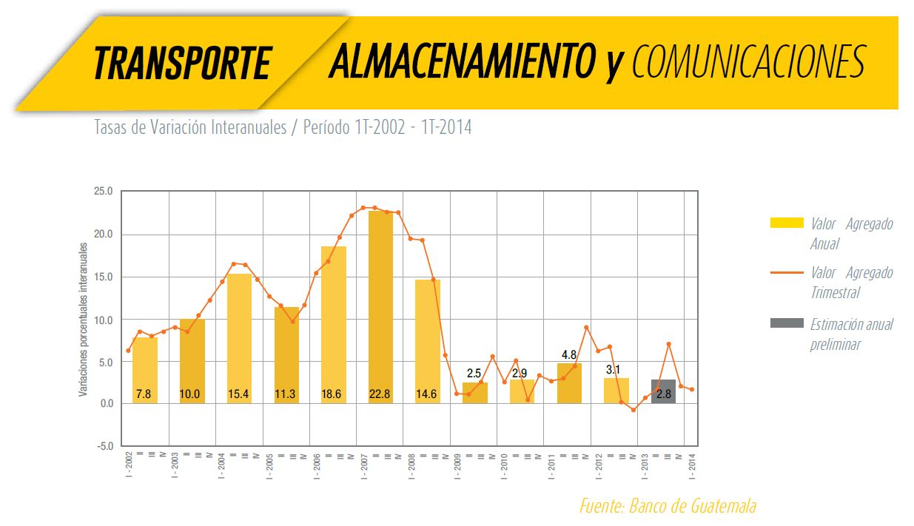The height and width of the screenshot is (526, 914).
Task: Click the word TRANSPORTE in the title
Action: pyautogui.click(x=182, y=63)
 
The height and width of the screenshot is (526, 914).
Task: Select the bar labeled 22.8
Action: pyautogui.click(x=380, y=307)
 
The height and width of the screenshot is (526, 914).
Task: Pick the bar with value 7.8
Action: pyautogui.click(x=144, y=370)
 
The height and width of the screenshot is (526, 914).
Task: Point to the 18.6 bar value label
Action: pyautogui.click(x=332, y=394)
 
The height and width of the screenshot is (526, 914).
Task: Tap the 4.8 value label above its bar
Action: pyautogui.click(x=568, y=355)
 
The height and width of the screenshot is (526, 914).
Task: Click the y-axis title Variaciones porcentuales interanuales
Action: pyautogui.click(x=84, y=320)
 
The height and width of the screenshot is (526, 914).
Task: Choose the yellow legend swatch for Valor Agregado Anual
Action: pyautogui.click(x=786, y=223)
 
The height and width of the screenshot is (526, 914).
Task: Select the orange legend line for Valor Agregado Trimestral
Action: pyautogui.click(x=786, y=273)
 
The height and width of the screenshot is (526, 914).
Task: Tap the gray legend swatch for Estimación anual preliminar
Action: pyautogui.click(x=786, y=323)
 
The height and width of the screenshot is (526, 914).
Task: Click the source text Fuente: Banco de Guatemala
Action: pyautogui.click(x=668, y=506)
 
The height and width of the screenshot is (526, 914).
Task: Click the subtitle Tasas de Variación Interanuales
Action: pyautogui.click(x=190, y=127)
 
